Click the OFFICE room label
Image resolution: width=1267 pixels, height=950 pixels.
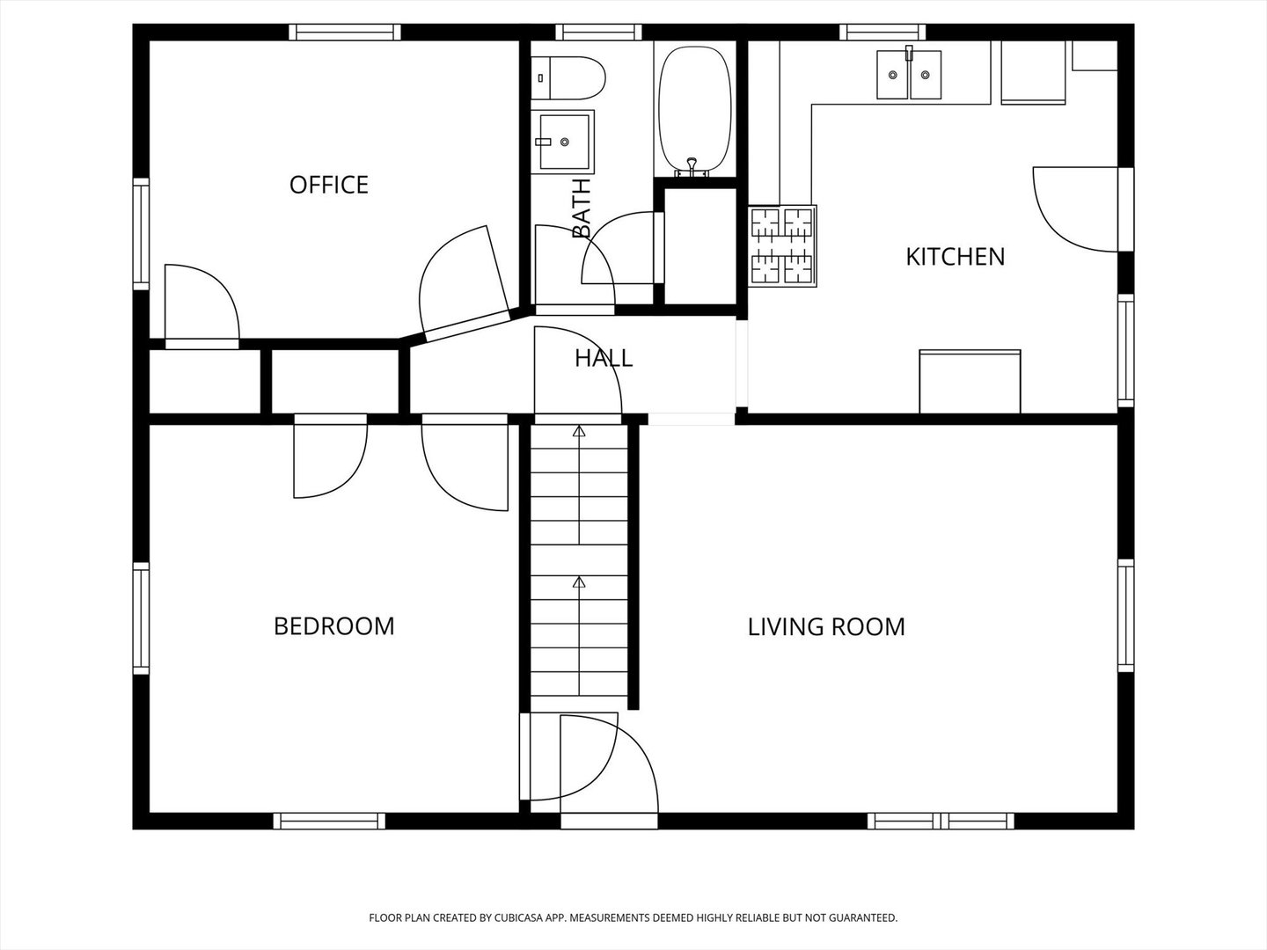(x=328, y=185)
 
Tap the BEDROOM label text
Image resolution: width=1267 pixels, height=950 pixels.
(x=333, y=626)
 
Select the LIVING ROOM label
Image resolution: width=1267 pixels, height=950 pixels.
(x=826, y=626)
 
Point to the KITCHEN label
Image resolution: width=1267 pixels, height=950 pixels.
(x=955, y=257)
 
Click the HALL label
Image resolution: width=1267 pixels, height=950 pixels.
(x=603, y=358)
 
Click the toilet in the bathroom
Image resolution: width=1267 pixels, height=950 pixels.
(x=569, y=78)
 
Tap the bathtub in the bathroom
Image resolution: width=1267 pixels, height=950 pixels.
(x=694, y=110)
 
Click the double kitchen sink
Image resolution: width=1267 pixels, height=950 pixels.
(x=908, y=75)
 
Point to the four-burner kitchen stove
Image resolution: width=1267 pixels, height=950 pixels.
(x=782, y=245)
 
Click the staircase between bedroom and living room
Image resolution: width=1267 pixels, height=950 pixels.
(x=579, y=563)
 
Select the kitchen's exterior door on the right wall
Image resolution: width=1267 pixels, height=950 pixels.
(x=1078, y=208)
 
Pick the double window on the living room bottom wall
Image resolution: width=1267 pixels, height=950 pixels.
(x=941, y=821)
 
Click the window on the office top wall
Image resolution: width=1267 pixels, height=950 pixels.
(x=345, y=33)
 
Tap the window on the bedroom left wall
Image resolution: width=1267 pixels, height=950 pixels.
(x=141, y=619)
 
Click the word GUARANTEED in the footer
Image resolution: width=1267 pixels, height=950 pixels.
(x=864, y=917)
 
